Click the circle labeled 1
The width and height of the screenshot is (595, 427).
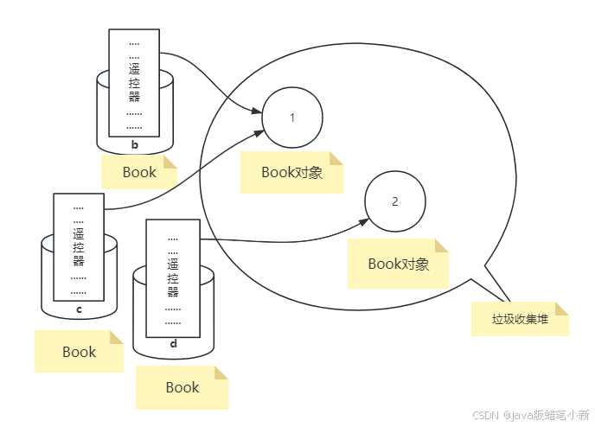[291, 118]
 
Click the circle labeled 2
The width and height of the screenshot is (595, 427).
[394, 202]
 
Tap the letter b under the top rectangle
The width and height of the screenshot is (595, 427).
[134, 144]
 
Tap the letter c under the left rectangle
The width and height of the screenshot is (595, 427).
[79, 309]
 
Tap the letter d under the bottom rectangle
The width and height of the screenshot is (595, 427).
[173, 344]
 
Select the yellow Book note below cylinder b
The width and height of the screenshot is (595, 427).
[138, 172]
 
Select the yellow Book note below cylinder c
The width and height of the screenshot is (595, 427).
[79, 352]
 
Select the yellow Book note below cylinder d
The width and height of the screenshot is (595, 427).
[182, 387]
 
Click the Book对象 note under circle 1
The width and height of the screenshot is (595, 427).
[291, 172]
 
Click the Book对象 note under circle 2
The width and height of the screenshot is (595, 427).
[398, 264]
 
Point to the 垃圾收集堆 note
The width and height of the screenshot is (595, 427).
[520, 319]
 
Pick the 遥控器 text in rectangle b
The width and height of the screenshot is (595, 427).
[134, 81]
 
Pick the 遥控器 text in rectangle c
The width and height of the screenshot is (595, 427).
[79, 247]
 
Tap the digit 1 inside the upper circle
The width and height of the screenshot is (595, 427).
[292, 118]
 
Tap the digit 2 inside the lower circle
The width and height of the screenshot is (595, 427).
[395, 202]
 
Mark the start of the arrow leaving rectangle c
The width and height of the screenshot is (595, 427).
[105, 209]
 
